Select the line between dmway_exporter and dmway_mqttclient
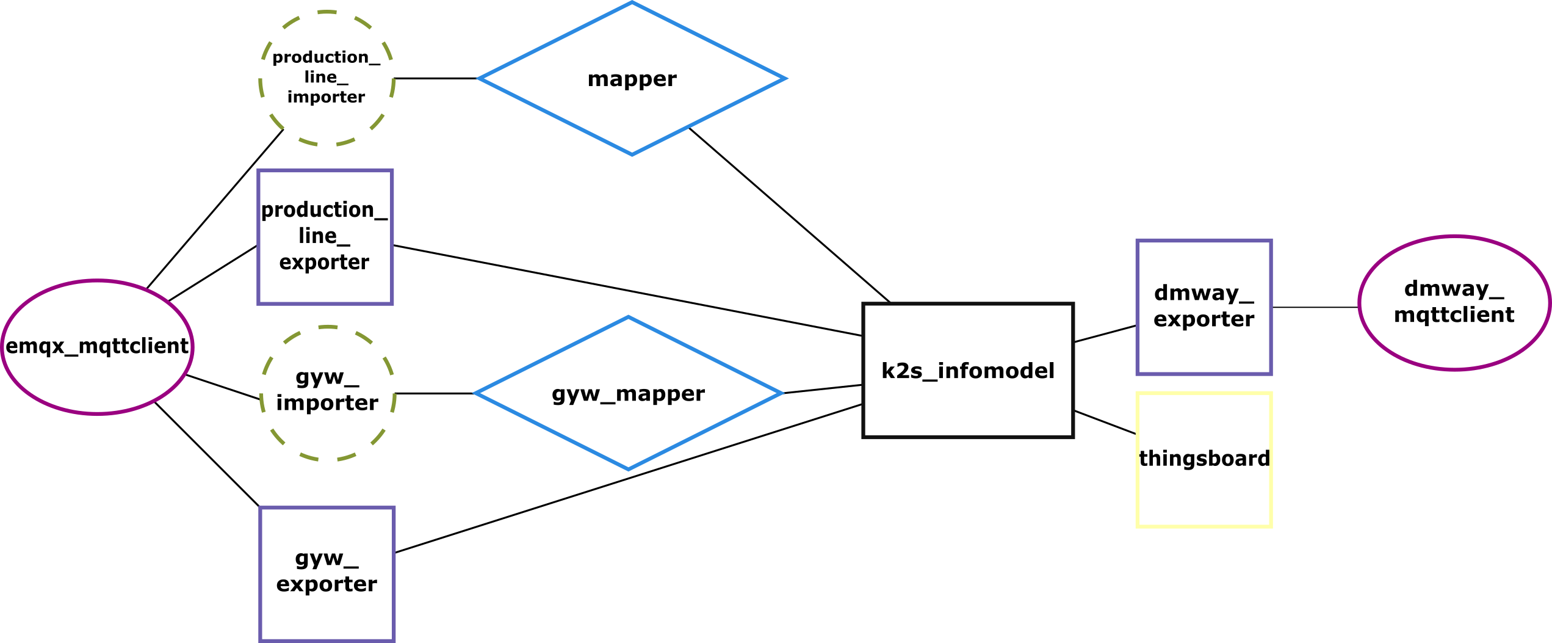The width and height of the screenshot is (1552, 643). coord(1315,307)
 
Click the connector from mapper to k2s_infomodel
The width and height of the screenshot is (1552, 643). coord(790,215)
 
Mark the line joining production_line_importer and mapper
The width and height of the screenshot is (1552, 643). coord(436,78)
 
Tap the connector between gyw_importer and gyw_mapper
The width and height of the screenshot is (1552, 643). coord(435,393)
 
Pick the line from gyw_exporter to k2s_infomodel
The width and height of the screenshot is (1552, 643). coord(629,478)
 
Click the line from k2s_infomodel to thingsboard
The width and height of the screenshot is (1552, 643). coord(1105,423)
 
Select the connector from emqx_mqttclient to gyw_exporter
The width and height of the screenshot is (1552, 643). coord(208,455)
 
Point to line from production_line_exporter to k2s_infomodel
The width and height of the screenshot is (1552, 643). coord(629,291)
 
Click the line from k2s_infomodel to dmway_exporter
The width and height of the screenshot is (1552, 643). coord(1105,333)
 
